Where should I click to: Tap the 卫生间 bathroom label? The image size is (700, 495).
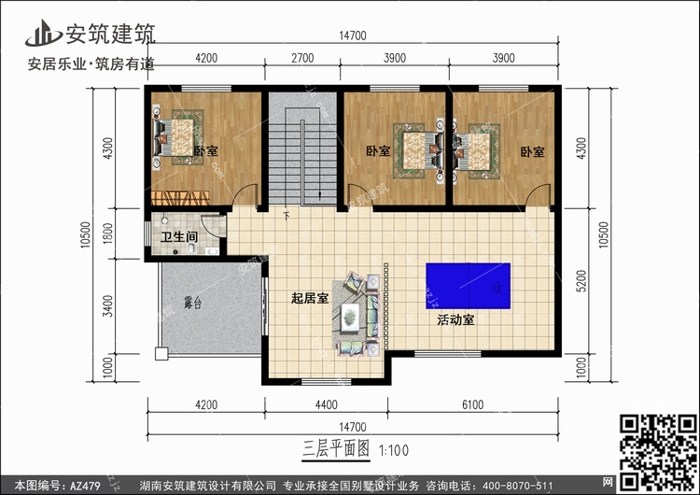pos(178,237)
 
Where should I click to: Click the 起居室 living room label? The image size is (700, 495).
pos(309,299)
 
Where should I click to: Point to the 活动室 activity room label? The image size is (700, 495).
pos(456,320)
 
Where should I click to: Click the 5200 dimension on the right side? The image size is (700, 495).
pos(582,276)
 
